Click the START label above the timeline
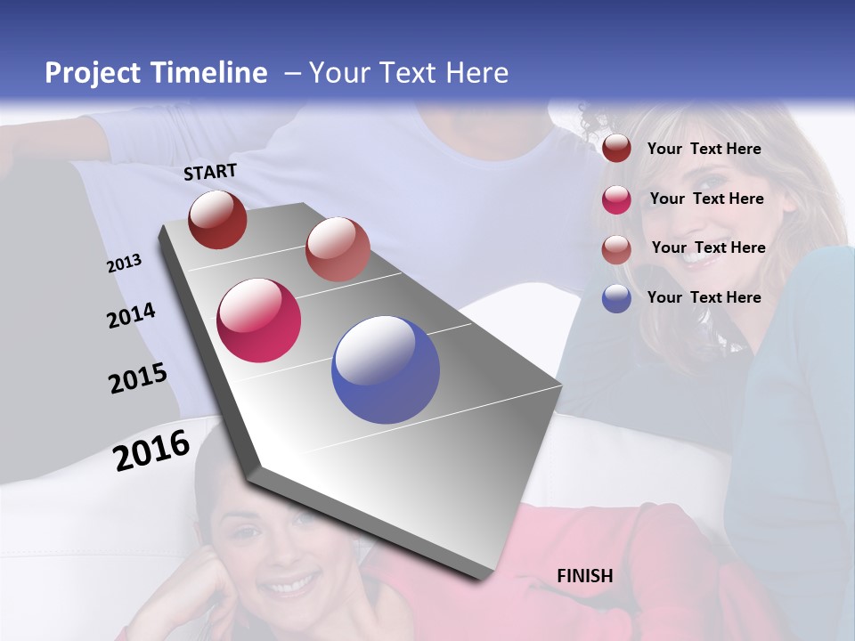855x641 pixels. click(x=210, y=172)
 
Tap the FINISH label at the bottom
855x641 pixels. click(x=584, y=576)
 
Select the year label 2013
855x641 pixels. click(x=124, y=263)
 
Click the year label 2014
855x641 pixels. click(x=131, y=315)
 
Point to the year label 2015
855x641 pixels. click(x=137, y=378)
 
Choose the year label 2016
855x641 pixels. click(x=151, y=450)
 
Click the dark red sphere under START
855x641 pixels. click(x=217, y=219)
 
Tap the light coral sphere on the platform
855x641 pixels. click(x=338, y=249)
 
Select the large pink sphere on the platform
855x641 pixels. click(x=259, y=320)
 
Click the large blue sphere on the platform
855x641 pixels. click(x=386, y=369)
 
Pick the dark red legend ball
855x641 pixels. click(x=616, y=149)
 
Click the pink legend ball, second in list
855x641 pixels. click(x=616, y=199)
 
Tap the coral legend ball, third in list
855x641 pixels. click(x=616, y=249)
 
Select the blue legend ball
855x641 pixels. click(x=616, y=298)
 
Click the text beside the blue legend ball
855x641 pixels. click(x=704, y=297)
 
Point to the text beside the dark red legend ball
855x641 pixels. click(x=704, y=149)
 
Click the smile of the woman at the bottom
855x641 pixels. click(x=289, y=586)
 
